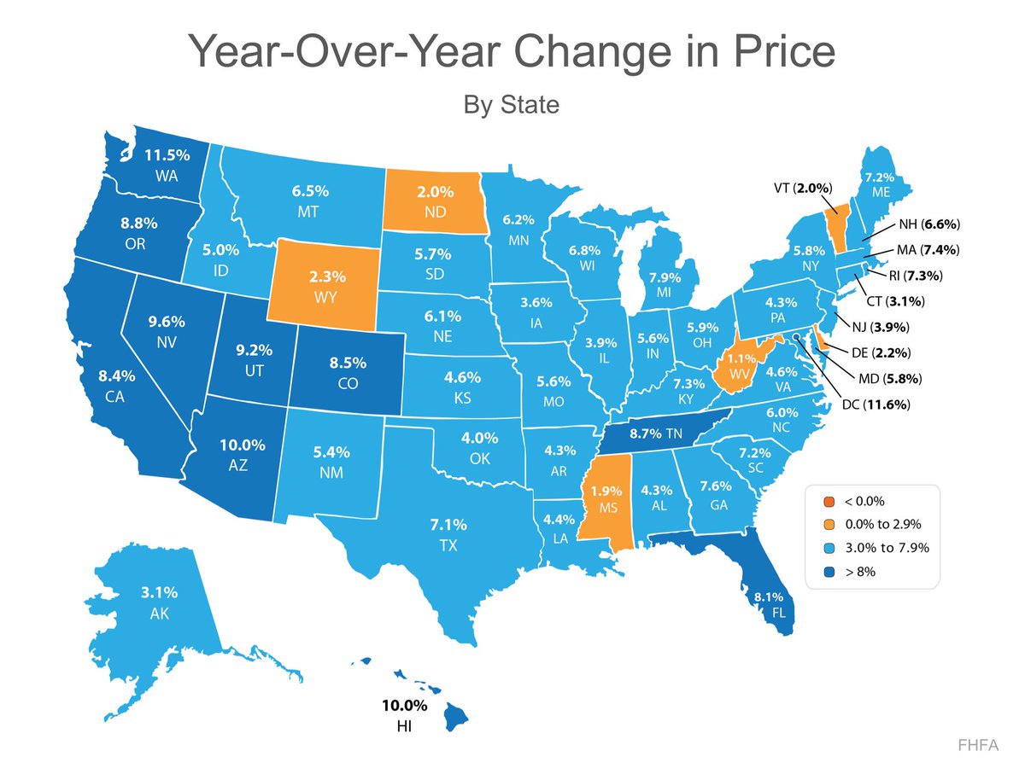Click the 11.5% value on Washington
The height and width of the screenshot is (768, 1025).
point(167,156)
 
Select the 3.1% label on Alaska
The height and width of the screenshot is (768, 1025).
point(160,591)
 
